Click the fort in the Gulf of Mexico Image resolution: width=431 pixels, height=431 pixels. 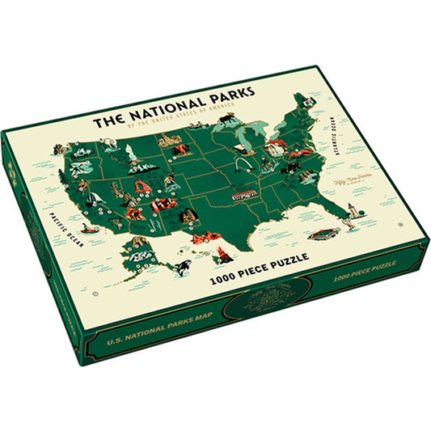[323, 233]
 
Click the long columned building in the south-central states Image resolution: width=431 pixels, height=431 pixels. [243, 195]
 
